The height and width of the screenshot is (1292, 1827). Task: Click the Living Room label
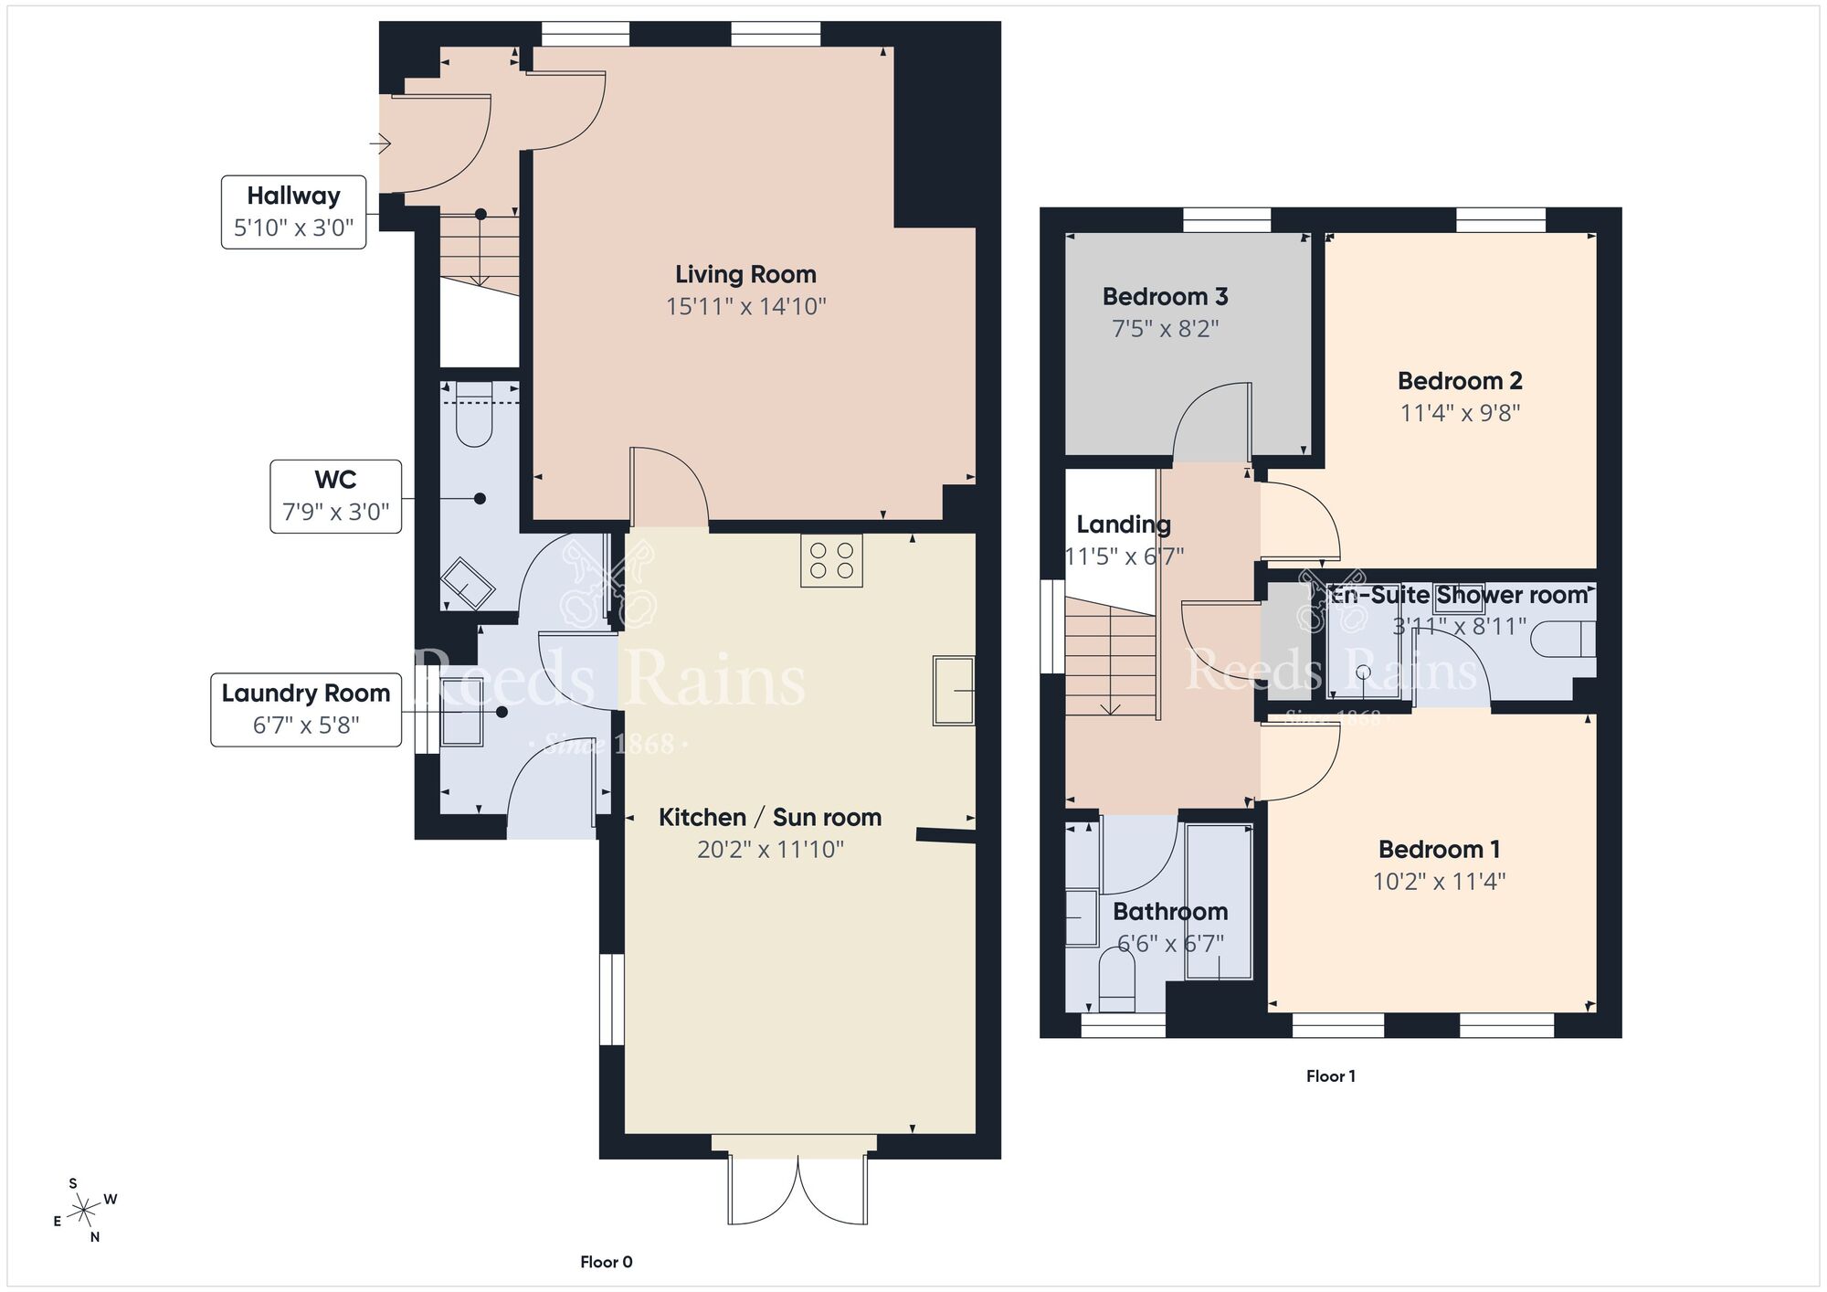[745, 274]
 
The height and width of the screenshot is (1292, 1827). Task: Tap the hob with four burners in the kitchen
[831, 560]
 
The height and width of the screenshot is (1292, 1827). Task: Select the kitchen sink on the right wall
[953, 690]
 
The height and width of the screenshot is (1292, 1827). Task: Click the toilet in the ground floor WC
[474, 419]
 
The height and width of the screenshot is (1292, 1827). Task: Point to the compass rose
[85, 1212]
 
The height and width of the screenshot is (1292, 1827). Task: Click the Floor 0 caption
[606, 1262]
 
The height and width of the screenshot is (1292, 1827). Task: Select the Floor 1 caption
[1330, 1076]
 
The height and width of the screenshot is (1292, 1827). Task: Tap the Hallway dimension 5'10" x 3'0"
[293, 228]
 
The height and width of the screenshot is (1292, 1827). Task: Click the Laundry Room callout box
[306, 709]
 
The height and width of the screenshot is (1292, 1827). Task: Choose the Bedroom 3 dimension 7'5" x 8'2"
[1165, 328]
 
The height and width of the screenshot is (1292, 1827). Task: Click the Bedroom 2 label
[1459, 380]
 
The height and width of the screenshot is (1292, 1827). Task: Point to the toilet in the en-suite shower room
[1562, 639]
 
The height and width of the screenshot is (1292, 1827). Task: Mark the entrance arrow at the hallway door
[381, 143]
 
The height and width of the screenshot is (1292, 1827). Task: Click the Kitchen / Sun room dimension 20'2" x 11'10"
[769, 850]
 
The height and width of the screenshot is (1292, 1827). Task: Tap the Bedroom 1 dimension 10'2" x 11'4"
[1439, 882]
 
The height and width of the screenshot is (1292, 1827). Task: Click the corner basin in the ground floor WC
[469, 582]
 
